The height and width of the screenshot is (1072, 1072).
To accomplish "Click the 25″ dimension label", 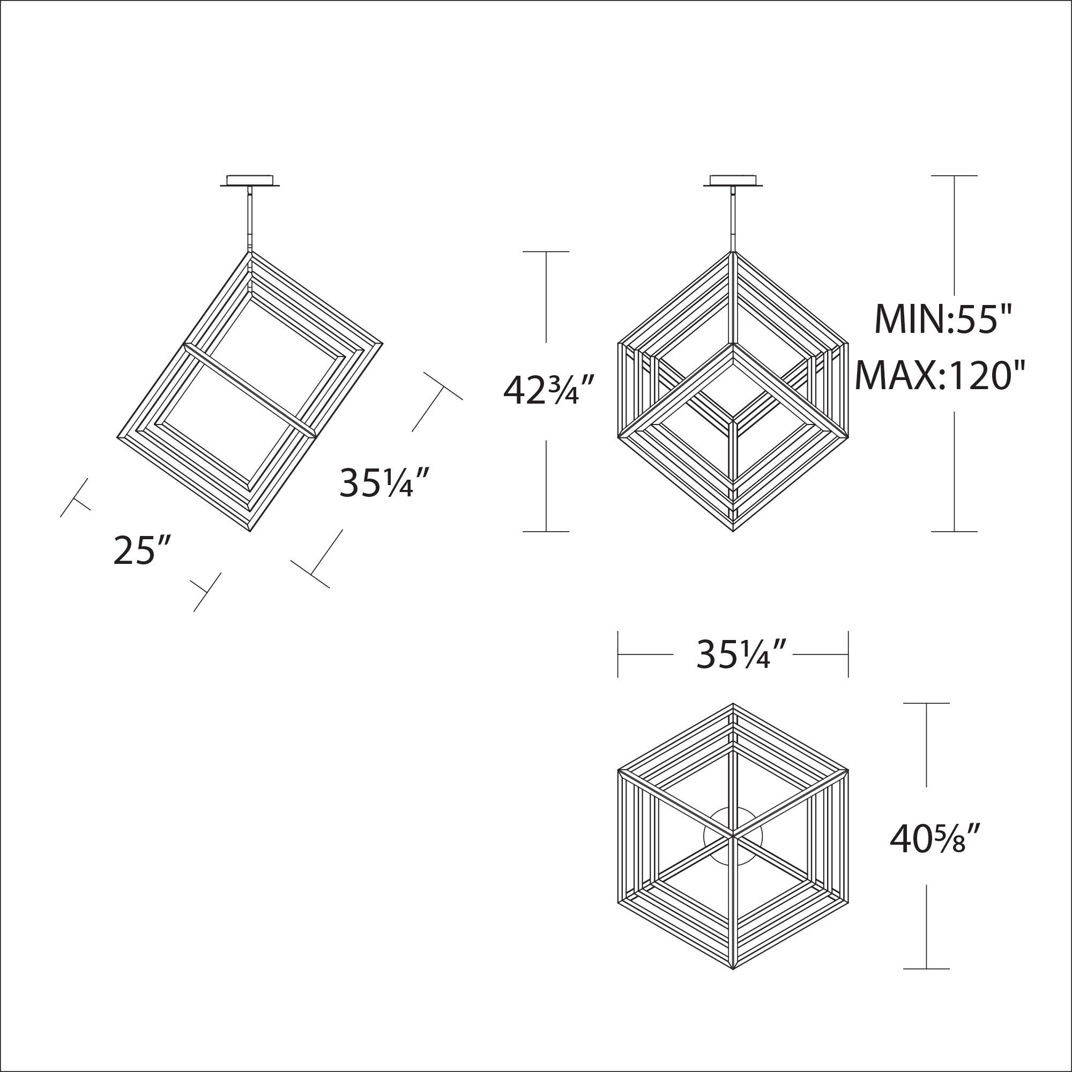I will click(x=140, y=550).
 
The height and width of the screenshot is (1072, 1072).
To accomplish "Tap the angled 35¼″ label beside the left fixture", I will click(x=384, y=482).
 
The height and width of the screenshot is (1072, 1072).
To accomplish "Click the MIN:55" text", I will click(x=944, y=320).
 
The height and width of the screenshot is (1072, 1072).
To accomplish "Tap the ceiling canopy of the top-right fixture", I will click(x=733, y=182).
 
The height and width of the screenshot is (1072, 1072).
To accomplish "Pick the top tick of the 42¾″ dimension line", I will click(x=546, y=251).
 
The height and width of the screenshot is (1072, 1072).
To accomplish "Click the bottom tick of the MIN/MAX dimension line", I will click(x=954, y=532).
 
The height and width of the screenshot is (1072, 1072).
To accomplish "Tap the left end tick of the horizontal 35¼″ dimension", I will click(x=617, y=655).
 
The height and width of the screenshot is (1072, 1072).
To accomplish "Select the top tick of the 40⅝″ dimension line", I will click(x=926, y=703).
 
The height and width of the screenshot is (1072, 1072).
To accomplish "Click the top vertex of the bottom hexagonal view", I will click(x=733, y=704).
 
